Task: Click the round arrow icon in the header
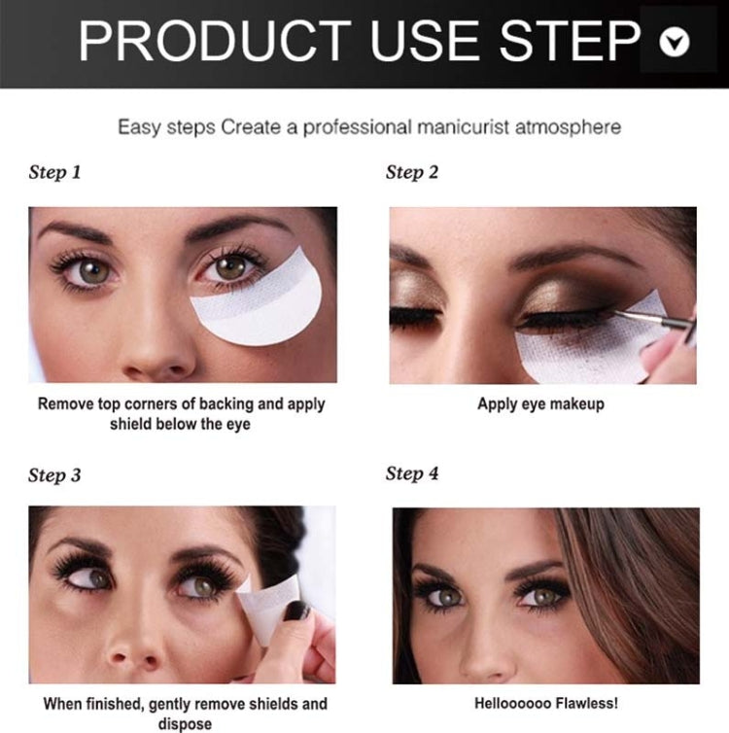(674, 41)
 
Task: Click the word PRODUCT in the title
(213, 41)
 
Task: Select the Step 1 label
(54, 173)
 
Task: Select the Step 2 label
(412, 173)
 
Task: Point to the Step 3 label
(54, 475)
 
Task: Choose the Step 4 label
(412, 473)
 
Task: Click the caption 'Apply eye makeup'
(540, 404)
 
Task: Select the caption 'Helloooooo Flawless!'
(545, 704)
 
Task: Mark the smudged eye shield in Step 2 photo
(573, 350)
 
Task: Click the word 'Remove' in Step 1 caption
(66, 404)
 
